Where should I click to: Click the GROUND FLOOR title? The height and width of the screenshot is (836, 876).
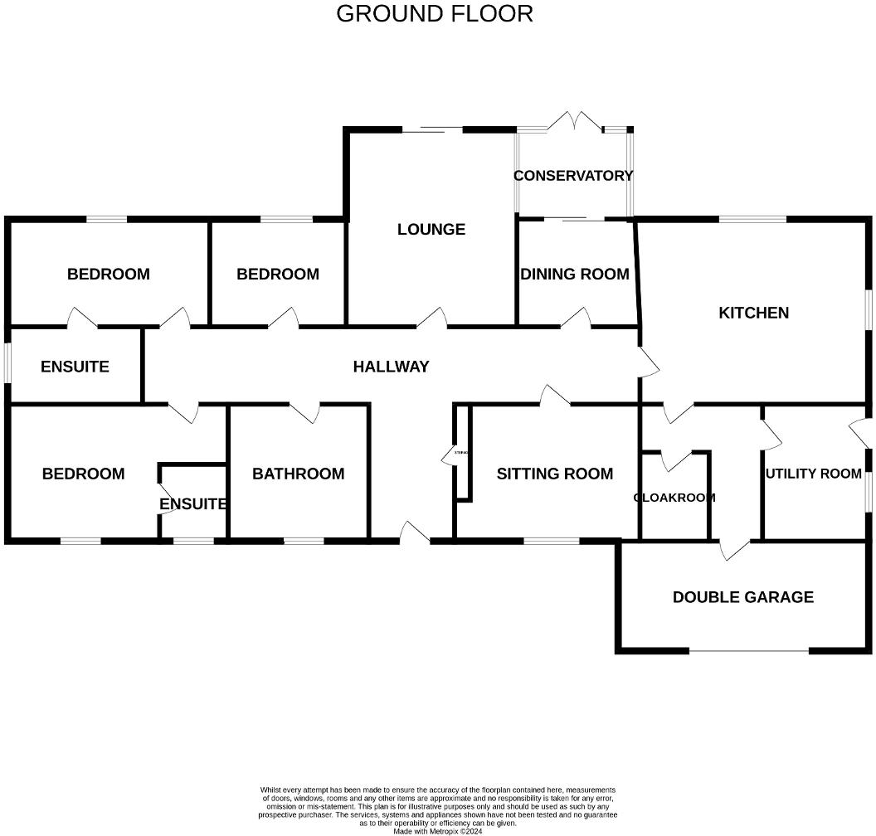(x=434, y=14)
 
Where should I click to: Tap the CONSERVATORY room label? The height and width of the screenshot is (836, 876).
(x=573, y=176)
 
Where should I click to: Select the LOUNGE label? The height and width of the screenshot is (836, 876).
(x=431, y=230)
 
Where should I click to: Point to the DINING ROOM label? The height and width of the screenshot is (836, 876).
(x=574, y=274)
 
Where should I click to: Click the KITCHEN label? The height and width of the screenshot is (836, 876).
(x=753, y=313)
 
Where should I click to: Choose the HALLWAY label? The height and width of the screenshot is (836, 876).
(x=391, y=366)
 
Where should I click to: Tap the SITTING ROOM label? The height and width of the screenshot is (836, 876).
(x=554, y=474)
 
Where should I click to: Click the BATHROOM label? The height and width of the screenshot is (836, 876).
(x=298, y=474)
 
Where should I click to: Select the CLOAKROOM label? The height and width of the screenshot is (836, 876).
(x=674, y=498)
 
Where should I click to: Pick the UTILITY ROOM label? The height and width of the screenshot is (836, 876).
(x=813, y=474)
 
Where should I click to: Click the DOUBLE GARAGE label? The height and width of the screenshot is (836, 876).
(x=742, y=597)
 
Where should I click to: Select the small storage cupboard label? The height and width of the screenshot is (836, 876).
(x=461, y=453)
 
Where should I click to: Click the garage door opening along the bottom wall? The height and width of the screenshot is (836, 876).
(x=748, y=651)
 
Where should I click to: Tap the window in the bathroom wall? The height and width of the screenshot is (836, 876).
(x=304, y=541)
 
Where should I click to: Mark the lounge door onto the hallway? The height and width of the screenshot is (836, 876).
(x=434, y=317)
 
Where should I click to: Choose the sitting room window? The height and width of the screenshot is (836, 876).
(x=551, y=541)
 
